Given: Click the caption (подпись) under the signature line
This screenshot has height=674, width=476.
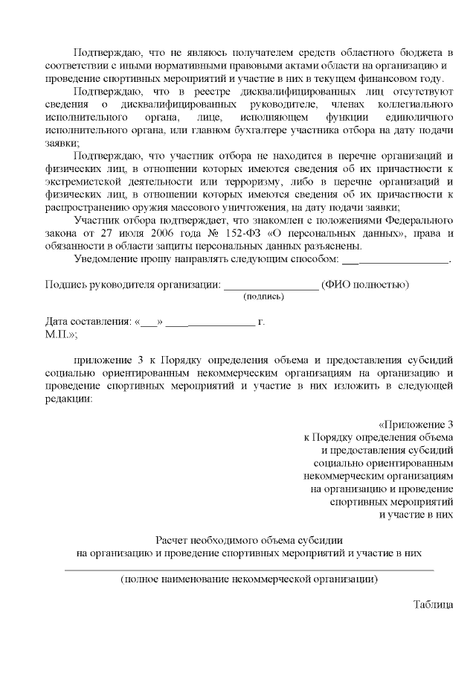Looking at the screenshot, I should pos(263,296).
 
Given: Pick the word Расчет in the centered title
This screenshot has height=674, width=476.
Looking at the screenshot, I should pos(173,540).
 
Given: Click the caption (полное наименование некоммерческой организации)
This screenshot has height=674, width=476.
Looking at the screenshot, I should pos(249,579).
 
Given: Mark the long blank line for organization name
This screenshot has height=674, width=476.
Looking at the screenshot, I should pos(249,569).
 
